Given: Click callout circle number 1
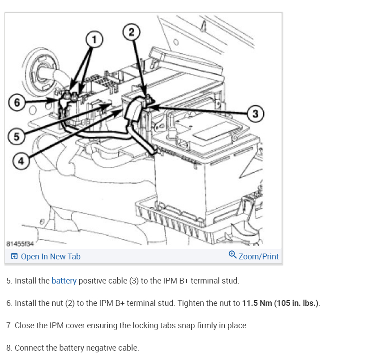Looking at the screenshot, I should click(94, 39).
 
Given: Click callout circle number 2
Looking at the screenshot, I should click(131, 32).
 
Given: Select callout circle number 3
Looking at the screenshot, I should click(255, 113).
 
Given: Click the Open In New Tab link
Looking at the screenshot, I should click(51, 257).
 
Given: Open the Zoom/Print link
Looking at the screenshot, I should click(258, 257).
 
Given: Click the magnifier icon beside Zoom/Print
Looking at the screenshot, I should click(232, 255).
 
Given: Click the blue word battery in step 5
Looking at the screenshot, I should click(64, 281).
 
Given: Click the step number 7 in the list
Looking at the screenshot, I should click(9, 326).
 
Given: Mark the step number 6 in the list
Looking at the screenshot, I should click(9, 303).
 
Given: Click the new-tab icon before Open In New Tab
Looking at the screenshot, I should click(14, 257).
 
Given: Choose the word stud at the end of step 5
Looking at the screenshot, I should click(231, 281).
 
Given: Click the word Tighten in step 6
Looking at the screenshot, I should click(191, 303).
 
